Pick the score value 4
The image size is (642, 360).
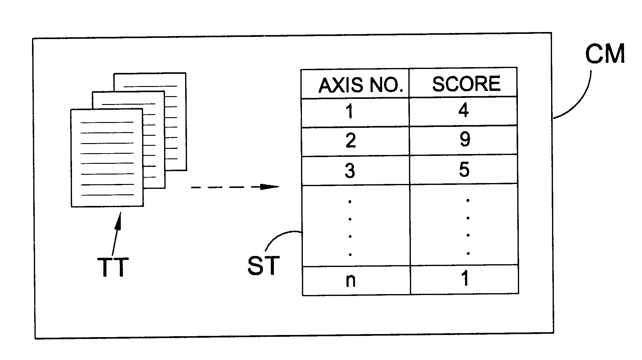coord(464,110)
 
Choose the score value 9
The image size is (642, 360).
coord(465,139)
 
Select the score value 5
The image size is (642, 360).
coord(464,169)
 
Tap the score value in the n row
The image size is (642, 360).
coord(465,278)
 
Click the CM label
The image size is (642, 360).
coord(605,53)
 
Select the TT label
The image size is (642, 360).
coord(113,267)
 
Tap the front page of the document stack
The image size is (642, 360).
coord(107,158)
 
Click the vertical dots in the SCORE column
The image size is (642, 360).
coord(468,227)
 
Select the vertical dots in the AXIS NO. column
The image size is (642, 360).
coord(350,228)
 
